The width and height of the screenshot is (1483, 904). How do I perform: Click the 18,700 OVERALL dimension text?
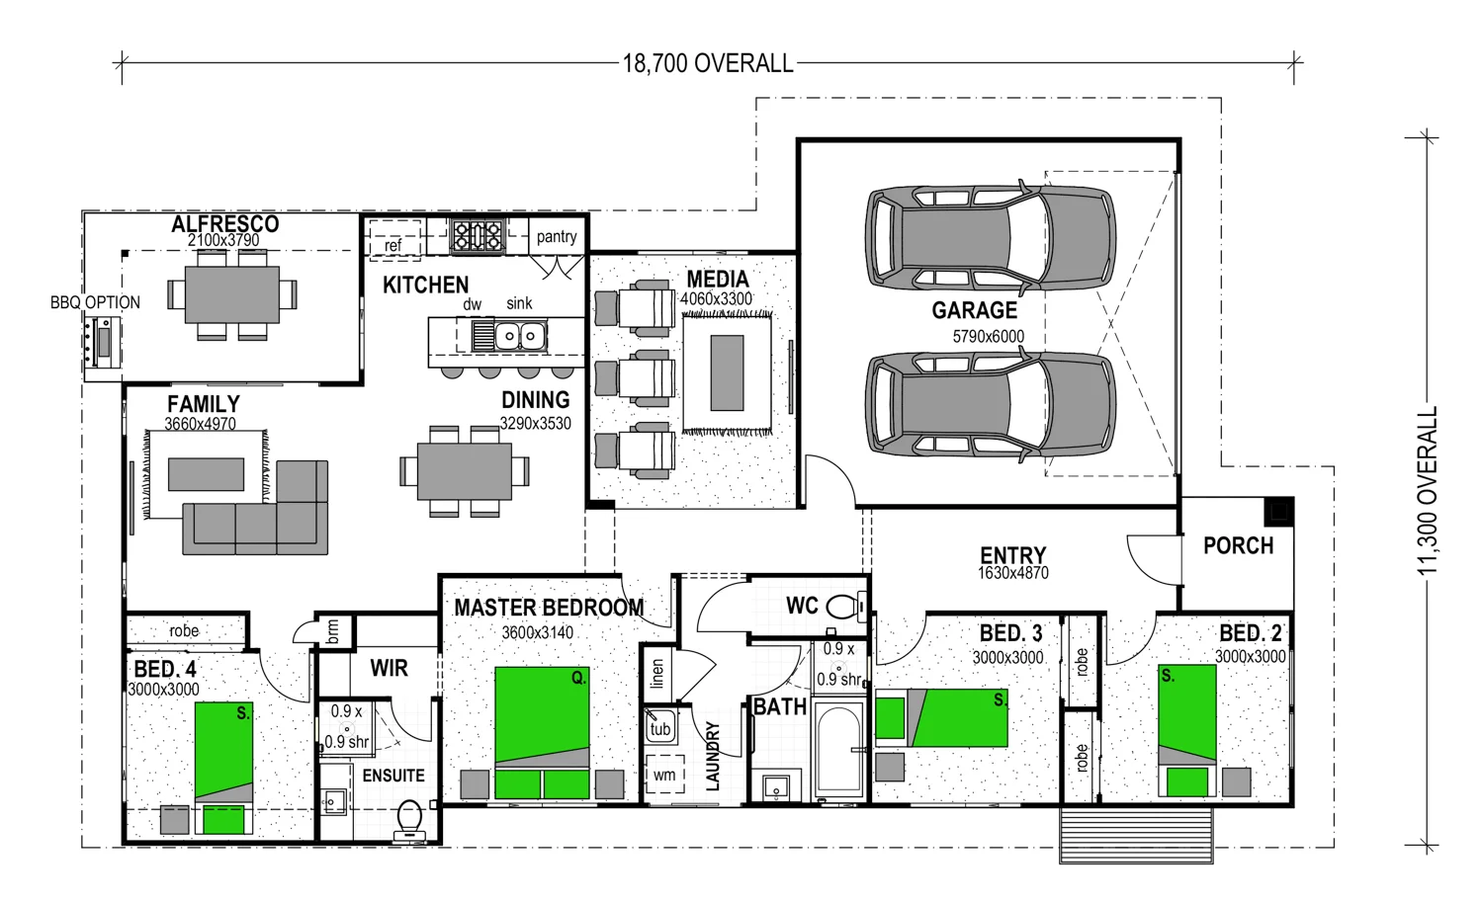pyautogui.click(x=708, y=63)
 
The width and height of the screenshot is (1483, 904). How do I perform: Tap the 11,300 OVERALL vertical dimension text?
pyautogui.click(x=1428, y=490)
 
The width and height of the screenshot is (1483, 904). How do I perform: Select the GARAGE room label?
pyautogui.click(x=974, y=310)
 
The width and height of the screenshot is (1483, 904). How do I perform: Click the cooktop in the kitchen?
pyautogui.click(x=477, y=236)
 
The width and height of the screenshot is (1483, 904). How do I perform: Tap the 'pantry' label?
pyautogui.click(x=556, y=237)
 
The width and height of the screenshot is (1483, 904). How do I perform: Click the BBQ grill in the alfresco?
pyautogui.click(x=103, y=342)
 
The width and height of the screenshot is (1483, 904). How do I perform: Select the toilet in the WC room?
pyautogui.click(x=846, y=607)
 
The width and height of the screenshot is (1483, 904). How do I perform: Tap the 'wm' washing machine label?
pyautogui.click(x=664, y=775)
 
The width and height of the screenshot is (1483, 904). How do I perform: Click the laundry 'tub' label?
pyautogui.click(x=660, y=729)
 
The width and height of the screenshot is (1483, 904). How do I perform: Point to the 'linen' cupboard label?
pyautogui.click(x=656, y=674)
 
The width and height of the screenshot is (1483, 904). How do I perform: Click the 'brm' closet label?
pyautogui.click(x=333, y=631)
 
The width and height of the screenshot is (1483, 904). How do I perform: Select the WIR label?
pyautogui.click(x=389, y=669)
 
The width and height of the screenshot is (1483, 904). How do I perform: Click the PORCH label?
pyautogui.click(x=1238, y=546)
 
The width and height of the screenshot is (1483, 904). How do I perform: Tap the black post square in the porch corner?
pyautogui.click(x=1279, y=511)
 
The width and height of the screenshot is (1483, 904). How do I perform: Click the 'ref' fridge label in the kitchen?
pyautogui.click(x=393, y=246)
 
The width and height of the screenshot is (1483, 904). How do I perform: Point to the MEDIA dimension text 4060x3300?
pyautogui.click(x=717, y=299)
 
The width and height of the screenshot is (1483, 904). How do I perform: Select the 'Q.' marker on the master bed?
pyautogui.click(x=579, y=679)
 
